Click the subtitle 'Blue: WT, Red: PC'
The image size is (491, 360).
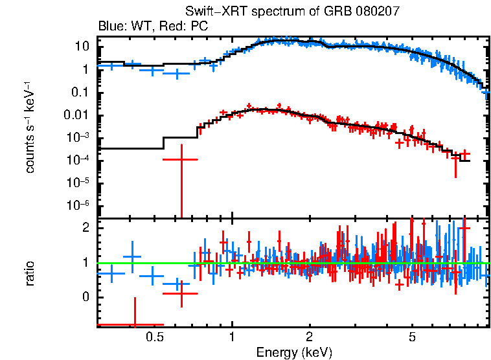[148, 27]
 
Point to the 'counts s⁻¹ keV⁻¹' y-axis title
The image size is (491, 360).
[30, 127]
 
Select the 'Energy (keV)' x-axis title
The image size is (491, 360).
[294, 352]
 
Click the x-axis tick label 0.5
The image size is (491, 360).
[154, 337]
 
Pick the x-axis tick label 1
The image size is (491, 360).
[232, 337]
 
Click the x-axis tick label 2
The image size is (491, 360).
[310, 337]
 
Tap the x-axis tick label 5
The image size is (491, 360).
[412, 337]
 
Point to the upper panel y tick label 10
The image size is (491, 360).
[81, 47]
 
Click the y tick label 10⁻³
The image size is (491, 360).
[79, 137]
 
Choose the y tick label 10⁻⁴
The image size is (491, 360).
[79, 160]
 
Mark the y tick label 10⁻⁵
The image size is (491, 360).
[79, 183]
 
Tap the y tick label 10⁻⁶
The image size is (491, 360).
[79, 205]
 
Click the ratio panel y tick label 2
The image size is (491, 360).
[84, 228]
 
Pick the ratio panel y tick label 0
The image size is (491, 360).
[84, 297]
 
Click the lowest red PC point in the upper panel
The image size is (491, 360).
[181, 159]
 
